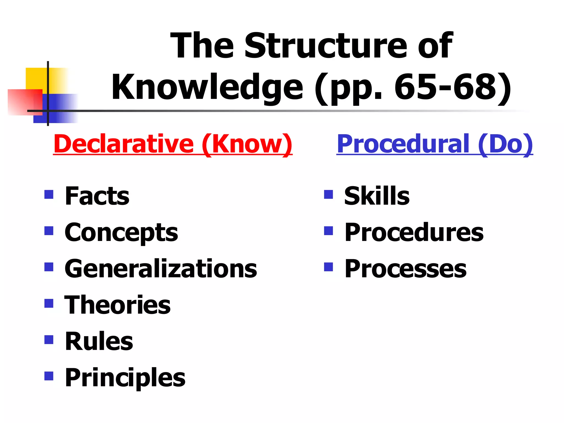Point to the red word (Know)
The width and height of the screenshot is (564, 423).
(247, 144)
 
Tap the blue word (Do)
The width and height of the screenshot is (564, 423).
(505, 144)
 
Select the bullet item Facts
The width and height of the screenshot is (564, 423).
(97, 196)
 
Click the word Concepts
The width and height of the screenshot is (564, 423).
(121, 233)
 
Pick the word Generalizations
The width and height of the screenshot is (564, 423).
(161, 269)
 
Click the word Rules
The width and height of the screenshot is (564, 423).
(99, 341)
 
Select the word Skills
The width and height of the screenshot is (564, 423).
(377, 196)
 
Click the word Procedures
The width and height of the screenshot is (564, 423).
(414, 233)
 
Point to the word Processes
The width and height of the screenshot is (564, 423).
(406, 269)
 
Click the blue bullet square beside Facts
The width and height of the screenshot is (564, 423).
(49, 195)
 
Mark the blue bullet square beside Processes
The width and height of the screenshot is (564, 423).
(329, 267)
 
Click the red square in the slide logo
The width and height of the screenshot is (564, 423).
(22, 102)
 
